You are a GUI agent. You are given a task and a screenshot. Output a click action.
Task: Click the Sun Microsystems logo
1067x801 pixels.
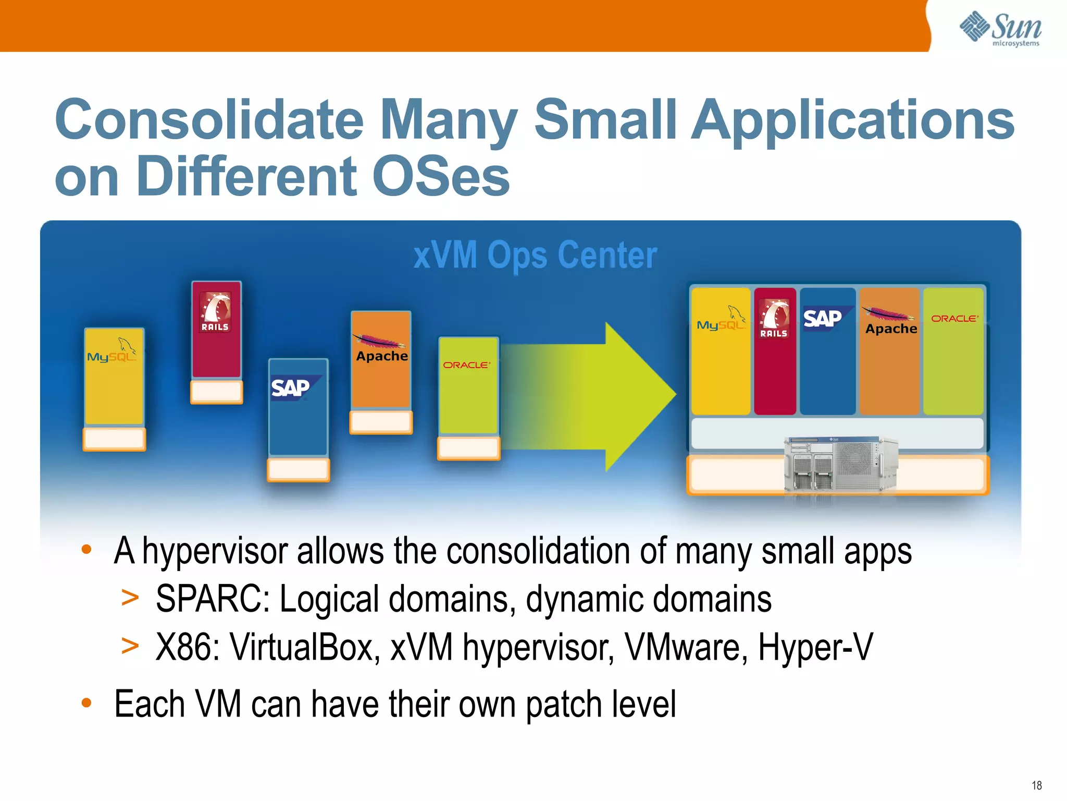point(1000,29)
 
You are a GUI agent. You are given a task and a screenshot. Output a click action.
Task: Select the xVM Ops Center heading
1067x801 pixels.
point(535,255)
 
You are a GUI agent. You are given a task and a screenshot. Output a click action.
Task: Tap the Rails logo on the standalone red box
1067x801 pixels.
point(216,312)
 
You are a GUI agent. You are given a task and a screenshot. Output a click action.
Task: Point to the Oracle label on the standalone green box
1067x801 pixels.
point(466,365)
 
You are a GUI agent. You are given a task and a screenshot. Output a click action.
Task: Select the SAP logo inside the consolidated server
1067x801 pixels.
point(823,318)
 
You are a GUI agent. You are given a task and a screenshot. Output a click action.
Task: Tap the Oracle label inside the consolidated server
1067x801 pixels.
point(954,318)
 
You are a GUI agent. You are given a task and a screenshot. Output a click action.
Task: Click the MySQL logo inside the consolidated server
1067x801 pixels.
point(721,321)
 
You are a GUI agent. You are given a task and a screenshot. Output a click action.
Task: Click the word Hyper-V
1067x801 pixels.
point(815,647)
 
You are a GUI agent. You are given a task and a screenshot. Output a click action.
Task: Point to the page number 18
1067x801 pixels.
point(1036,785)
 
